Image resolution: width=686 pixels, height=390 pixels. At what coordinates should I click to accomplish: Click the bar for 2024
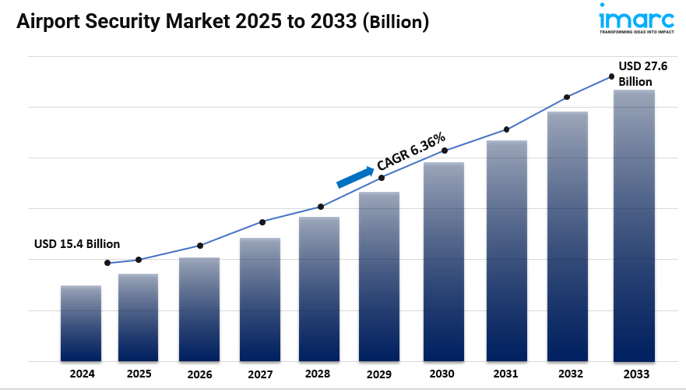click(81, 323)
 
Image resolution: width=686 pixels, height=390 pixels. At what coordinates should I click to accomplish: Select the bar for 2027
click(260, 300)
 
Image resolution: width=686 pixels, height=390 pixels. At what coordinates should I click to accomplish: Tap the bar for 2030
click(444, 261)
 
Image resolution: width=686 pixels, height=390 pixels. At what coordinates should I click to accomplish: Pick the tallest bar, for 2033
click(634, 225)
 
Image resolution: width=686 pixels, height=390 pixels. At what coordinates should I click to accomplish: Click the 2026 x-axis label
click(199, 374)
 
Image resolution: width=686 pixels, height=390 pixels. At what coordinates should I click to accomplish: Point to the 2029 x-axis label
click(378, 374)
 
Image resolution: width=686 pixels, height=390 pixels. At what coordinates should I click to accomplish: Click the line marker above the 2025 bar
click(139, 260)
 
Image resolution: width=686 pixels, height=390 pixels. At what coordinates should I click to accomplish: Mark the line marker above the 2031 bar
click(507, 129)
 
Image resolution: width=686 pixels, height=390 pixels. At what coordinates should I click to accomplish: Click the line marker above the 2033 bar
click(612, 76)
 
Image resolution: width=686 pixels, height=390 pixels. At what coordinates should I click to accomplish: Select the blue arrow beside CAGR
click(355, 177)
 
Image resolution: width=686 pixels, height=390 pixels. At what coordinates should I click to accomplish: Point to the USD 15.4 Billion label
click(77, 243)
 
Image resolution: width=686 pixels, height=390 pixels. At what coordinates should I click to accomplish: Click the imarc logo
click(636, 19)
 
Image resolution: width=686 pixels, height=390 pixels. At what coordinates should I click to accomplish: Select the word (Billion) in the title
click(396, 23)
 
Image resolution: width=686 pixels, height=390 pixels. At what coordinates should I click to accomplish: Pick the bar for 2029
click(379, 276)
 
